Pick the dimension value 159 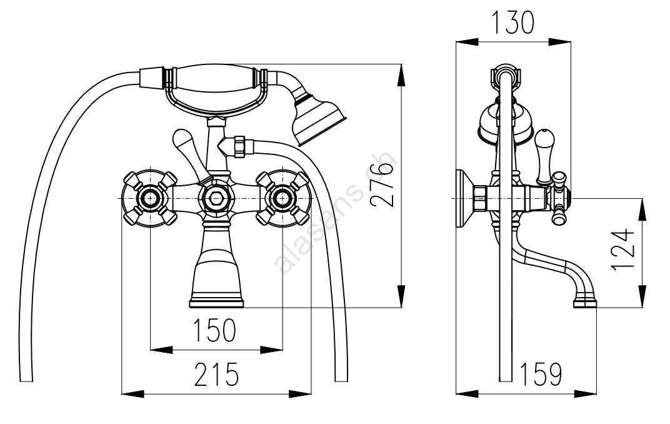click(541, 374)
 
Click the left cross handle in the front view click(150, 199)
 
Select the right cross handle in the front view click(282, 199)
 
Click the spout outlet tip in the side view click(585, 303)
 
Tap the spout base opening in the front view click(216, 303)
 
